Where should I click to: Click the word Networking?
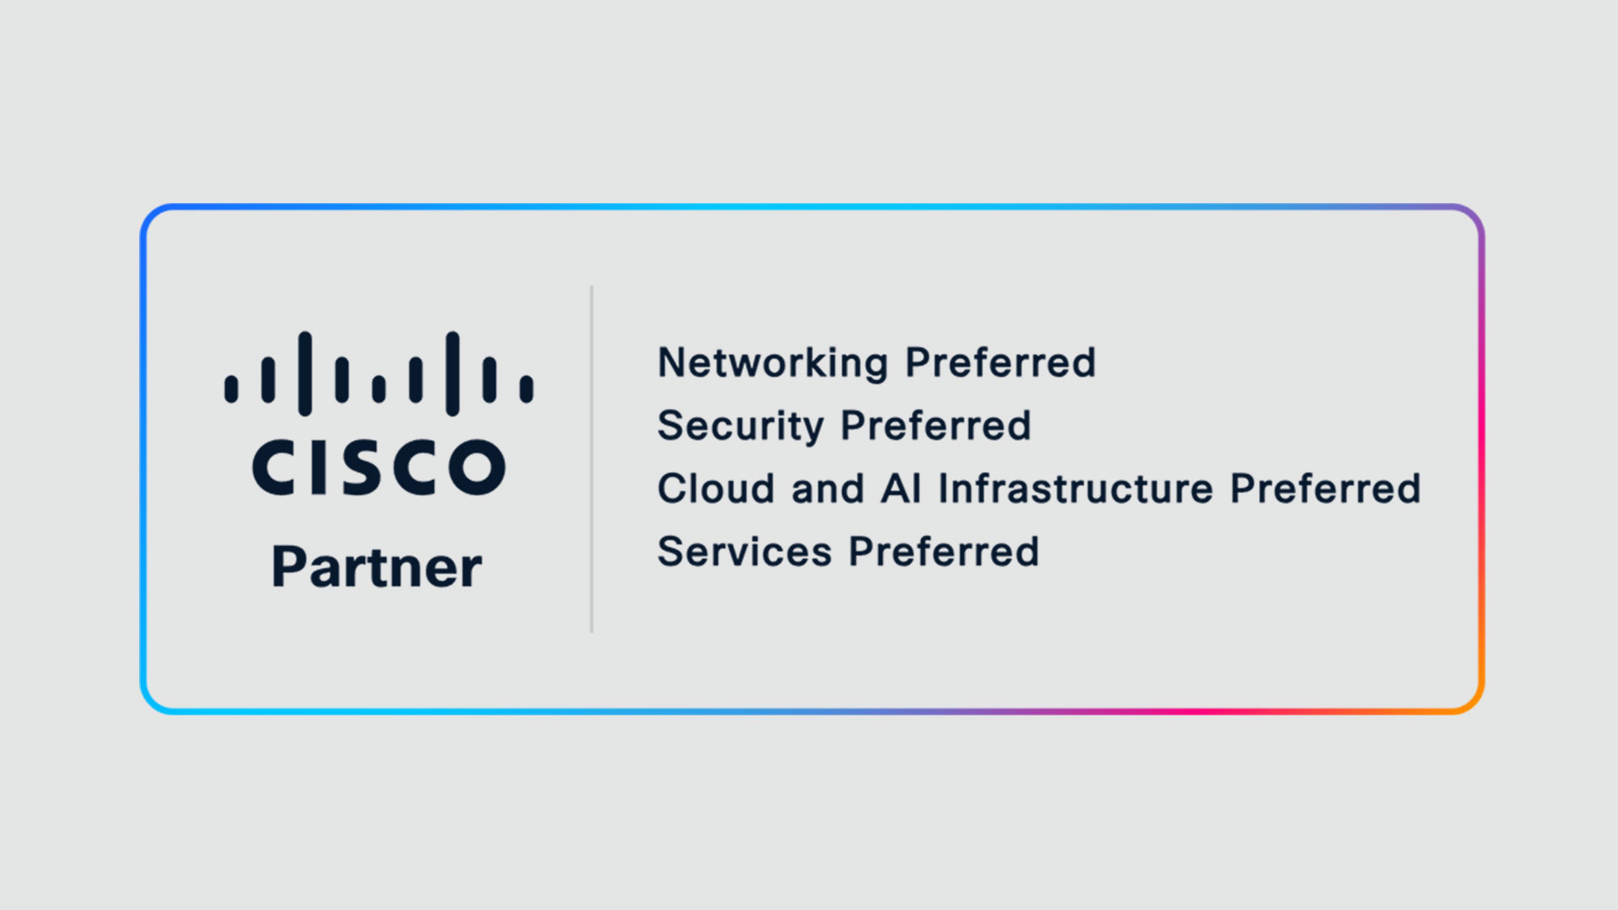[x=773, y=364]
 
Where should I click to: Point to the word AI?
[x=901, y=489]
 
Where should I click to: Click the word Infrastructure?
[x=1076, y=489]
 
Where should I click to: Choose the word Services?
[x=744, y=552]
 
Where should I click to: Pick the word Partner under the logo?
[x=377, y=567]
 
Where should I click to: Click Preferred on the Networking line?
[x=1000, y=362]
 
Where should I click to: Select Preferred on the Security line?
[x=936, y=426]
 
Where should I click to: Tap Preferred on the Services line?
[x=944, y=552]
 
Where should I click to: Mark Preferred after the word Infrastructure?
[x=1326, y=489]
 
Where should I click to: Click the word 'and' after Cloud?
[x=828, y=489]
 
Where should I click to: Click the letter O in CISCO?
[x=477, y=466]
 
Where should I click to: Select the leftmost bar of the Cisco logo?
[x=231, y=388]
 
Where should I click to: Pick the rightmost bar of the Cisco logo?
[x=527, y=388]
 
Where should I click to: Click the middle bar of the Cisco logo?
[x=378, y=388]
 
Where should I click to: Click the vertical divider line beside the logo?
[x=592, y=459]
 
